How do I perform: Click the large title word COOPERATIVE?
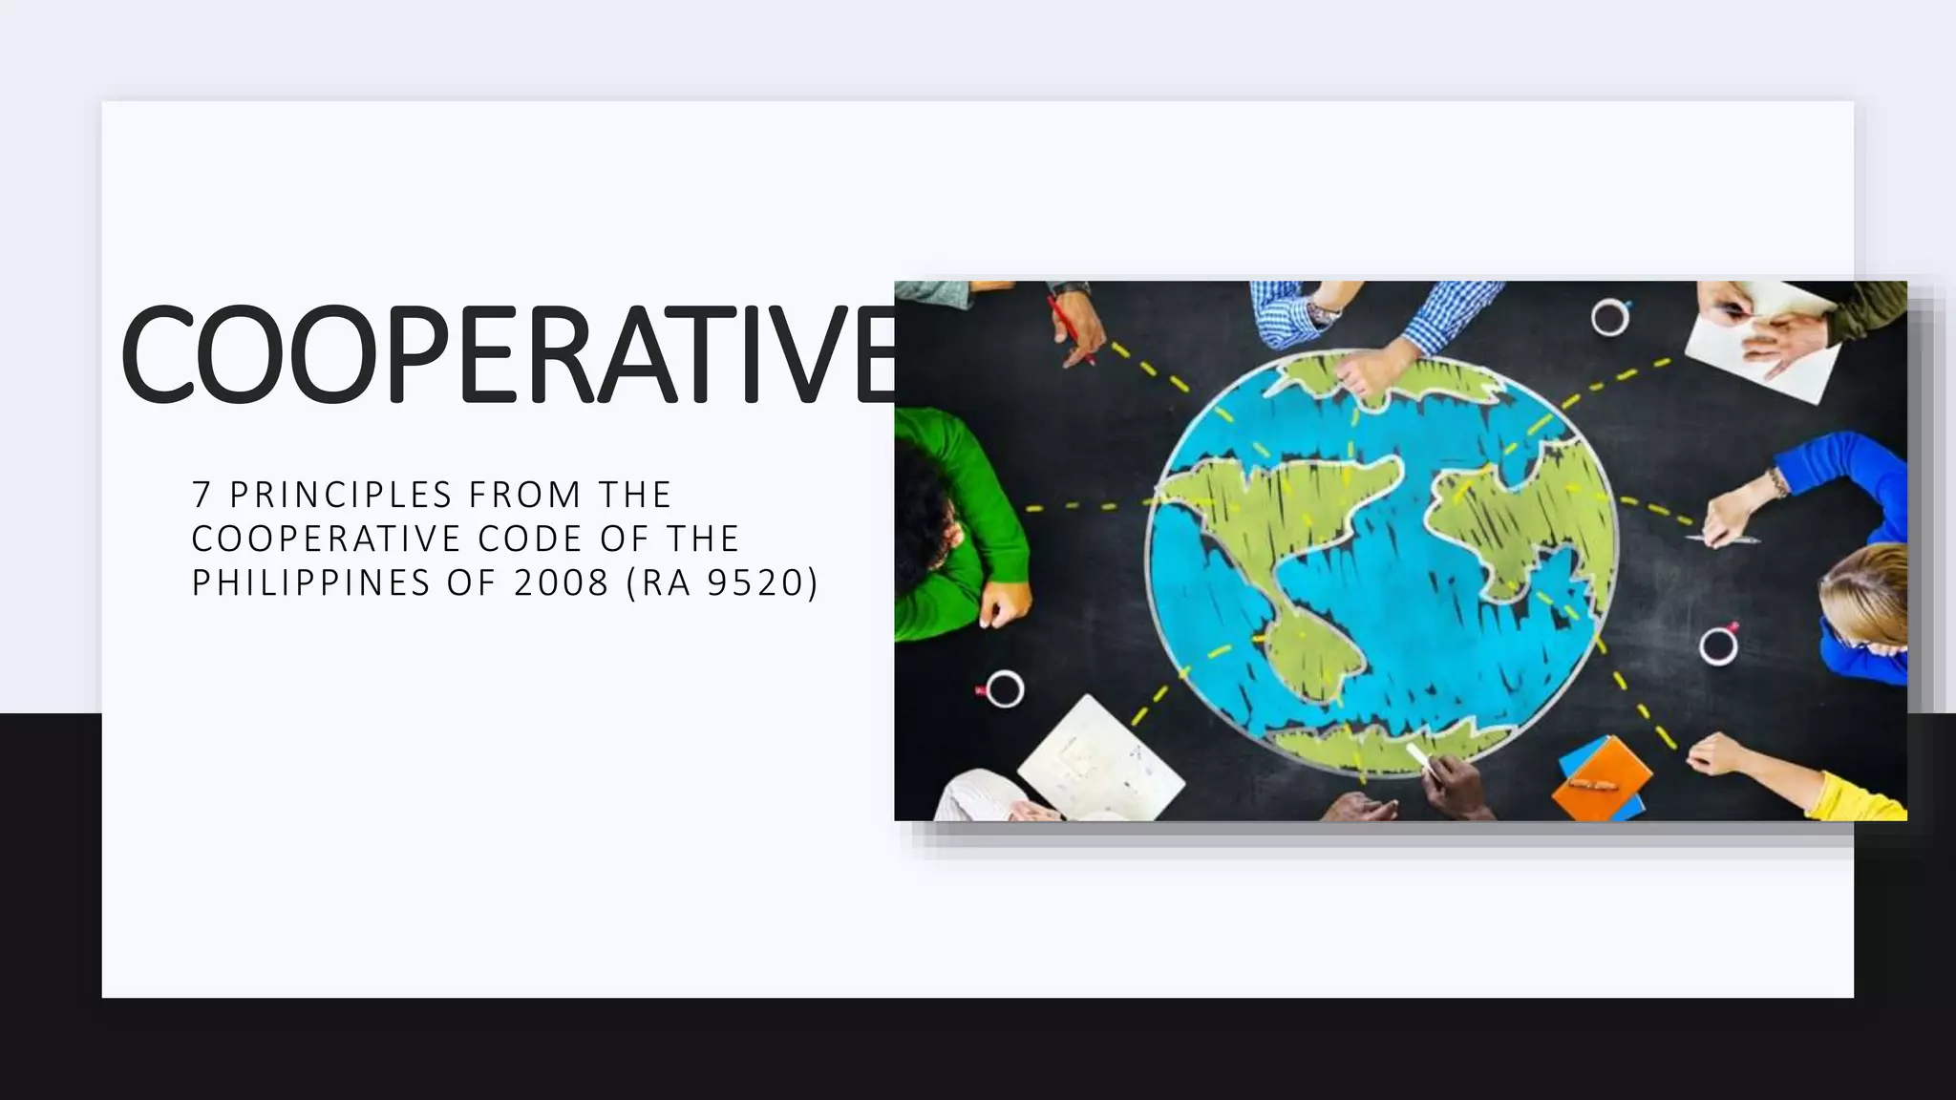point(506,353)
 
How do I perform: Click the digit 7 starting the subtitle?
point(201,495)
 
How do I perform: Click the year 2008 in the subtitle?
point(562,582)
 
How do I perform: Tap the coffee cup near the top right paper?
point(1609,316)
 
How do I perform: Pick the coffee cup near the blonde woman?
point(1718,645)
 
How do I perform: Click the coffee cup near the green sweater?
point(1004,687)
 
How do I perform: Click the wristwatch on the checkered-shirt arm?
point(1325,310)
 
